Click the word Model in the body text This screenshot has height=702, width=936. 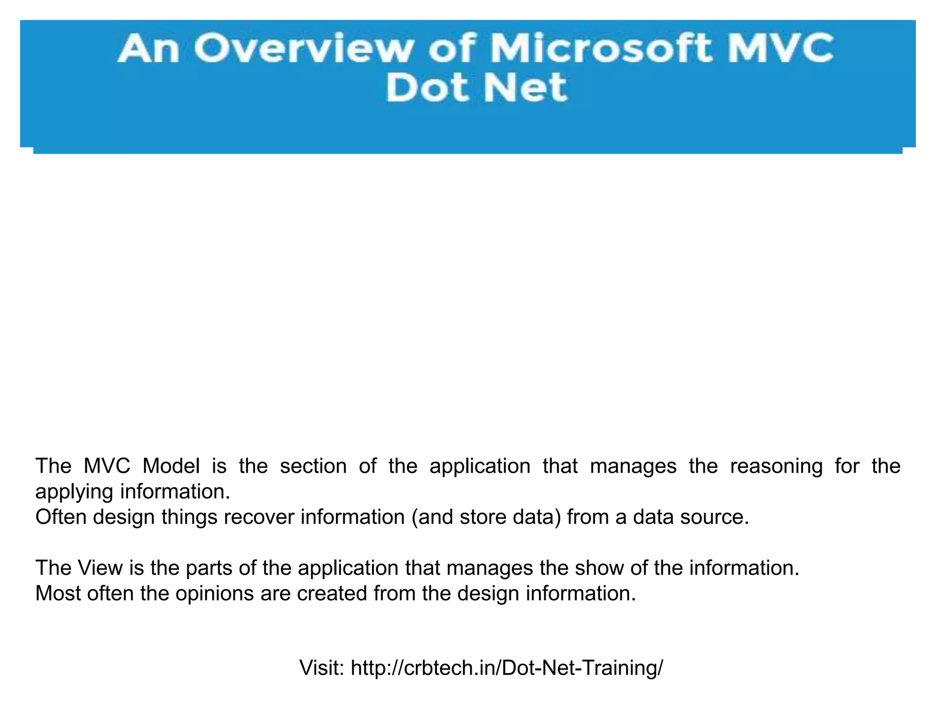coord(171,466)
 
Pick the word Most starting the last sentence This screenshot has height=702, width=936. coord(58,594)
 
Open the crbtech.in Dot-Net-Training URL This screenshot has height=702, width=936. coord(507,668)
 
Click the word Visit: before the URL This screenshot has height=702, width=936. coord(322,668)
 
